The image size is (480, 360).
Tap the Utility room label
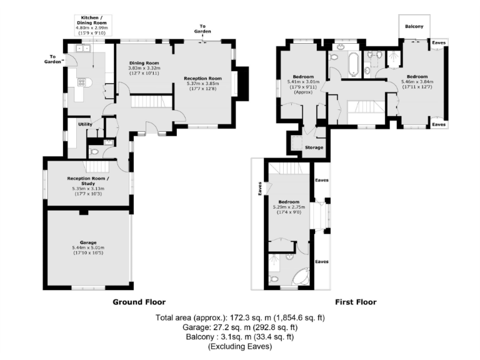(85, 124)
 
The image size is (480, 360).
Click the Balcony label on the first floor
(414, 26)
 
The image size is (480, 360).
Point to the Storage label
(314, 147)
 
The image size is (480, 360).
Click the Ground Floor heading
(139, 302)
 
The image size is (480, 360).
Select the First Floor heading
(355, 302)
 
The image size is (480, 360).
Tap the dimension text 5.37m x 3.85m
(203, 84)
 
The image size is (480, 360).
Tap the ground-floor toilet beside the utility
(94, 151)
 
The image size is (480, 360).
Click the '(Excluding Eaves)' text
(240, 346)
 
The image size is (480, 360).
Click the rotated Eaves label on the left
(260, 188)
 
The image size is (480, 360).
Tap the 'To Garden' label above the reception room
(202, 29)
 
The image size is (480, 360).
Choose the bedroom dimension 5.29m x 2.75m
(288, 207)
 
